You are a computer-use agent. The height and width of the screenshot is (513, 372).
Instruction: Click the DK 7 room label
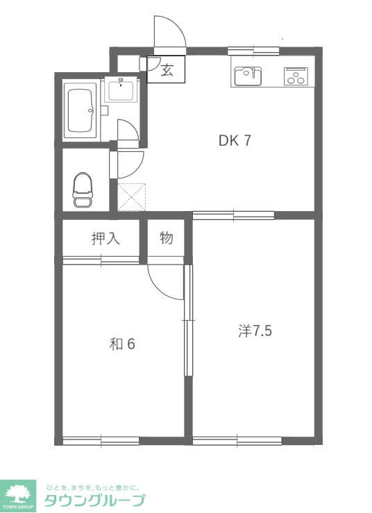(x=235, y=140)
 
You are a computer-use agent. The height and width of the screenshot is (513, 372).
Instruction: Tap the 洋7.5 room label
(x=255, y=330)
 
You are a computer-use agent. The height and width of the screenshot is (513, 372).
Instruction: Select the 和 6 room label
(x=122, y=344)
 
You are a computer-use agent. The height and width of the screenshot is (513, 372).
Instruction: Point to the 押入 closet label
(x=105, y=239)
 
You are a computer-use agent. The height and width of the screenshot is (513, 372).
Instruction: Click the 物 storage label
(x=167, y=238)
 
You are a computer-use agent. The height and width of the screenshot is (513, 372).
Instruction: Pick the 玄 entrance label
(x=167, y=70)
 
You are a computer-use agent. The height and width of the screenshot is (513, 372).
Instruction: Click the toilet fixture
(x=83, y=190)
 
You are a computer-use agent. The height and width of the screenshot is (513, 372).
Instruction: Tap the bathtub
(x=81, y=111)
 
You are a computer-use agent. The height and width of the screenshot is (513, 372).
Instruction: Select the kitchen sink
(x=248, y=76)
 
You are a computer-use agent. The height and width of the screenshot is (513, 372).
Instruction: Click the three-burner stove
(x=296, y=76)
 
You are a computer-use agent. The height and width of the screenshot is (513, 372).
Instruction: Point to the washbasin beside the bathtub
(x=121, y=91)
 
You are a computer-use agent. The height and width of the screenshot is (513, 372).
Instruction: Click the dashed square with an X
(x=132, y=197)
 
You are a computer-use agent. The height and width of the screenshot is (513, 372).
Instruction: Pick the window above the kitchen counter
(x=253, y=51)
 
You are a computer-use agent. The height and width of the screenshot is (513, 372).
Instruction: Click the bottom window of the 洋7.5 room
(x=237, y=441)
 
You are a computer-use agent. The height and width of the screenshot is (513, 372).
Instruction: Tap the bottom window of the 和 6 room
(x=101, y=441)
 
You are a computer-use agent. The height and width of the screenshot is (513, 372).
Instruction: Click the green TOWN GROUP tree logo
(x=18, y=496)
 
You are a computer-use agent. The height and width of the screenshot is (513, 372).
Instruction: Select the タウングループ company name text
(x=94, y=501)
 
